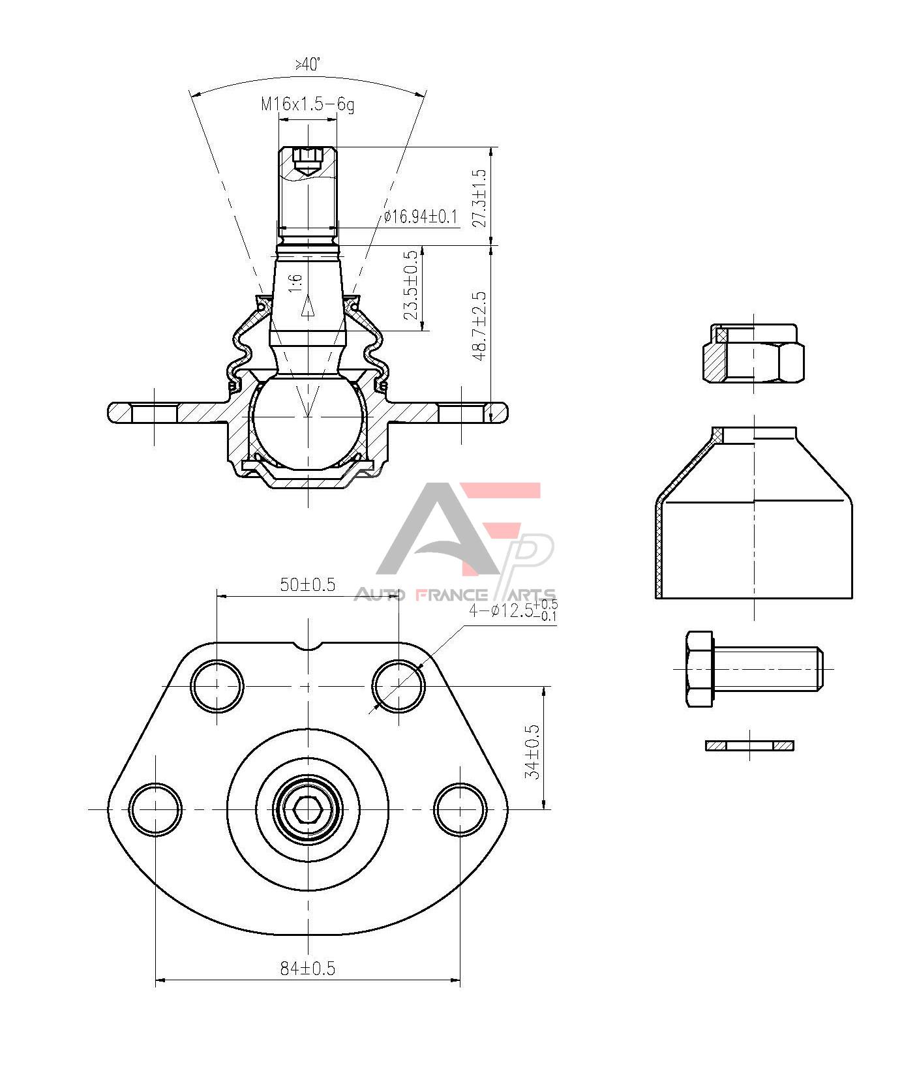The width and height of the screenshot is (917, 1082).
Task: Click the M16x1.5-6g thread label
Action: [308, 104]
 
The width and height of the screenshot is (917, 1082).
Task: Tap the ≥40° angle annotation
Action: [308, 64]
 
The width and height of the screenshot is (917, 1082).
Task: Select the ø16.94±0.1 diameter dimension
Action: [421, 217]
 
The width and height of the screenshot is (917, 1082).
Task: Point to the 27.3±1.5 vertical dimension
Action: [479, 198]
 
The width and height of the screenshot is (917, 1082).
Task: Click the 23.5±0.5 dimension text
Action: [411, 285]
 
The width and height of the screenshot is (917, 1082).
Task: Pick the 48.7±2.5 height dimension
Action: [479, 325]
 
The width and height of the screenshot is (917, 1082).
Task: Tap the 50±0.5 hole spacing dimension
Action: [308, 584]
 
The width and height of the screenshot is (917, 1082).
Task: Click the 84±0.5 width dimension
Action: [308, 969]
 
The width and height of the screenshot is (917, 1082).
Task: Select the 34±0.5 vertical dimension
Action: [534, 751]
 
